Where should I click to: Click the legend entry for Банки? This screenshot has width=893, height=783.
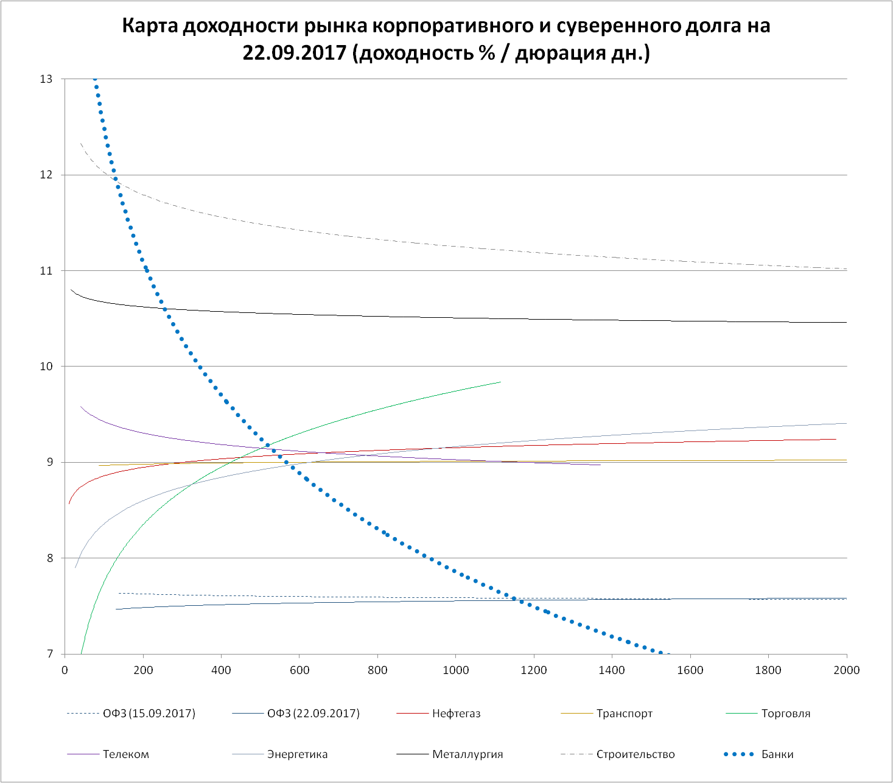pyautogui.click(x=777, y=754)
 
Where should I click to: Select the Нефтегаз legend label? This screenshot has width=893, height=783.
pyautogui.click(x=456, y=714)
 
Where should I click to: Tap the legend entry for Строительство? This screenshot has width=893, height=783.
pyautogui.click(x=635, y=754)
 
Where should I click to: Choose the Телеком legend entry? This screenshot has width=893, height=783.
pyautogui.click(x=125, y=754)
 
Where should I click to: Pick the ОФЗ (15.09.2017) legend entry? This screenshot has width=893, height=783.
pyautogui.click(x=149, y=714)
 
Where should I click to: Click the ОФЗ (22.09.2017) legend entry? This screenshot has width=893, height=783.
pyautogui.click(x=313, y=714)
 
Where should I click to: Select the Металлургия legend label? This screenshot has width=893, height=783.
pyautogui.click(x=467, y=754)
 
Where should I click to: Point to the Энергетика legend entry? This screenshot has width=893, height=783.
pyautogui.click(x=297, y=754)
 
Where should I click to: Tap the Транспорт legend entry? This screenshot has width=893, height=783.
pyautogui.click(x=624, y=714)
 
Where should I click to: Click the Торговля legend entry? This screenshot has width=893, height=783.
pyautogui.click(x=785, y=714)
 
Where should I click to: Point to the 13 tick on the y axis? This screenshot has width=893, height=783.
pyautogui.click(x=46, y=79)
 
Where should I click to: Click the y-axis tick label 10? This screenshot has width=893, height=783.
pyautogui.click(x=46, y=367)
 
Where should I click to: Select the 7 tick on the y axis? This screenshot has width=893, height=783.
pyautogui.click(x=49, y=654)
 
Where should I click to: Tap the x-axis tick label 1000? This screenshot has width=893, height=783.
pyautogui.click(x=455, y=670)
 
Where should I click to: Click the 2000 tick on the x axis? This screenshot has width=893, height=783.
pyautogui.click(x=846, y=670)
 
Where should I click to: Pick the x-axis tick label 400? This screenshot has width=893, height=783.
pyautogui.click(x=221, y=670)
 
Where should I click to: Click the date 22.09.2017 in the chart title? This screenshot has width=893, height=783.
pyautogui.click(x=295, y=54)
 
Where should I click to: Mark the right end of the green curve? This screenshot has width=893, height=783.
pyautogui.click(x=500, y=382)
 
